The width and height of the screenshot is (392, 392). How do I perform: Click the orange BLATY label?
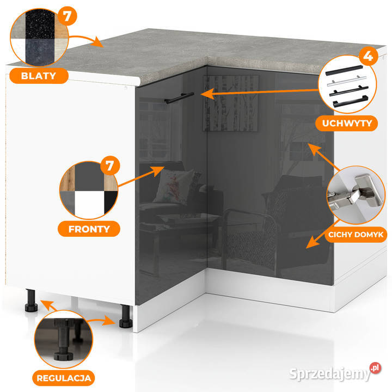click(39, 76)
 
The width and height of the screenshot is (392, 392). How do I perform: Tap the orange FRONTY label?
click(89, 229)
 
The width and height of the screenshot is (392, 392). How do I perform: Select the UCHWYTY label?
click(346, 123)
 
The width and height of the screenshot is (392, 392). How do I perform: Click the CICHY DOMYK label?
click(356, 235)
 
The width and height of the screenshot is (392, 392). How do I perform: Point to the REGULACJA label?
click(64, 378)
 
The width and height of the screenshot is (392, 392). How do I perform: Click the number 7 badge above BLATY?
click(67, 16)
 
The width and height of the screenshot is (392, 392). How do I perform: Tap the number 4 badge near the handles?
click(368, 56)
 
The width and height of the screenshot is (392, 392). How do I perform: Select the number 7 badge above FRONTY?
click(110, 166)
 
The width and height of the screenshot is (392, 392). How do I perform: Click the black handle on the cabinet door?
click(179, 98)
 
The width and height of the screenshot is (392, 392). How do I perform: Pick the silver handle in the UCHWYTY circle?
click(347, 81)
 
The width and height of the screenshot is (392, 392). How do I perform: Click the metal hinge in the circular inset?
click(356, 193)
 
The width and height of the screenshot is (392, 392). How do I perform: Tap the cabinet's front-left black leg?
click(31, 301)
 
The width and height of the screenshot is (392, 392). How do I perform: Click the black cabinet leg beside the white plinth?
click(126, 316)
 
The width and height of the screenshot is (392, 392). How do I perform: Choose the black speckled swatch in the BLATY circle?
click(40, 24)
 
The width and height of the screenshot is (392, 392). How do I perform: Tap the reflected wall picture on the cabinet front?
click(230, 103)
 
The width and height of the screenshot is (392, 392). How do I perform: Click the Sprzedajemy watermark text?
click(330, 374)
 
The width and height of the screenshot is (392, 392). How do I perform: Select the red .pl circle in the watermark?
click(375, 368)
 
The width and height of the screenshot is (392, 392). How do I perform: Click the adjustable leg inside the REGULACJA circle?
click(64, 340)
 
